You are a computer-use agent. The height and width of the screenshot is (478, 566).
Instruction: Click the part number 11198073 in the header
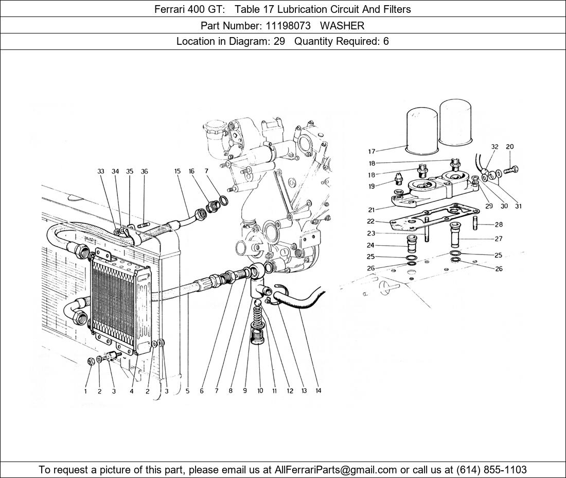coord(288,26)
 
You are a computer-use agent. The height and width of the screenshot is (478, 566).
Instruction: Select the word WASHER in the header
coord(342,26)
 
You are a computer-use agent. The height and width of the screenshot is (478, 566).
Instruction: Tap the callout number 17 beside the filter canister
coord(372,151)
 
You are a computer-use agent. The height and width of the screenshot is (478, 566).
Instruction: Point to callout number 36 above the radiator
coord(144,171)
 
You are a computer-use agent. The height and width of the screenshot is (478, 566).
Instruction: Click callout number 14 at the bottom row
coord(318,390)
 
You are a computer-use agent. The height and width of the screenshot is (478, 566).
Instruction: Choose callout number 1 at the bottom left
coord(85,391)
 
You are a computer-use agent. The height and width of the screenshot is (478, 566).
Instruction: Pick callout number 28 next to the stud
coord(499,225)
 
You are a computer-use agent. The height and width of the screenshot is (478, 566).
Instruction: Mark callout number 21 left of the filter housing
coord(372,210)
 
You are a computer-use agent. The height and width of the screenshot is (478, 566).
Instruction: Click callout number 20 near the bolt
coord(510,147)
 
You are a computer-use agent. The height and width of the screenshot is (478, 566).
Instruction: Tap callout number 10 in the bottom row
coord(260,390)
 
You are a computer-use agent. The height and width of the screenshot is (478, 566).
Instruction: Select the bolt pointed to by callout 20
coord(511,169)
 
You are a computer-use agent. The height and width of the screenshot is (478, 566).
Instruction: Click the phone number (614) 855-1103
coord(491,470)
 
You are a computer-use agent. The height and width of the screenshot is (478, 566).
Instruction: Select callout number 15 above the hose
coord(177,171)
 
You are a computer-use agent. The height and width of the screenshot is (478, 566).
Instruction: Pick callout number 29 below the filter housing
coord(489,207)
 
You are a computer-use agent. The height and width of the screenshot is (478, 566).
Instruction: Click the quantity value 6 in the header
coord(386,41)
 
